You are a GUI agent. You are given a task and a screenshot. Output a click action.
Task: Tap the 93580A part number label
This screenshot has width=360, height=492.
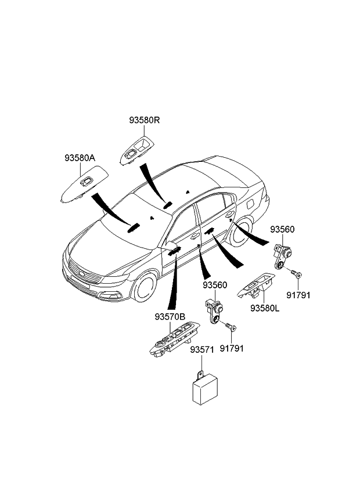[x=80, y=158]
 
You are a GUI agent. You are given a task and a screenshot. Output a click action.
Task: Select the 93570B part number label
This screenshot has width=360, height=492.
[x=170, y=317]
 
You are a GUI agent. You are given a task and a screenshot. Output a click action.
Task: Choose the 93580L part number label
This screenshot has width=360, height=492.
[x=265, y=308]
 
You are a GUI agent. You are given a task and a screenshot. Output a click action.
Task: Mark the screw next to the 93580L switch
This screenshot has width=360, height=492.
[x=296, y=272]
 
